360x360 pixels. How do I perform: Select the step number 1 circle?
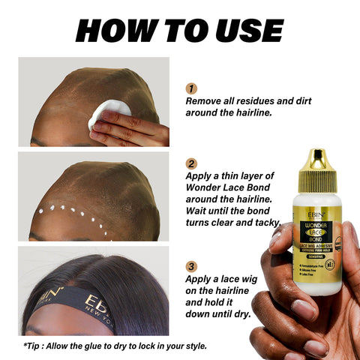[191, 88]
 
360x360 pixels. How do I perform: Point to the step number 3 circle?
[191, 265]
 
